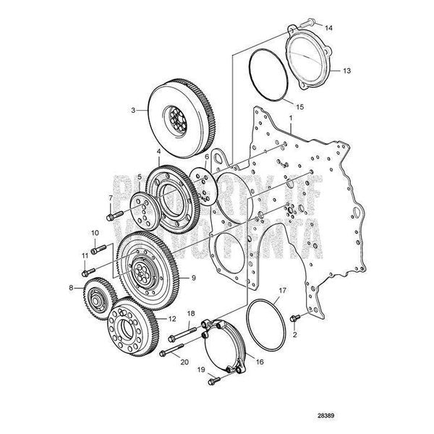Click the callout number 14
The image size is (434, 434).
tap(328, 28)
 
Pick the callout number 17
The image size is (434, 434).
tap(283, 292)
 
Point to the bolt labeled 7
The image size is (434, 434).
tap(112, 215)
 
